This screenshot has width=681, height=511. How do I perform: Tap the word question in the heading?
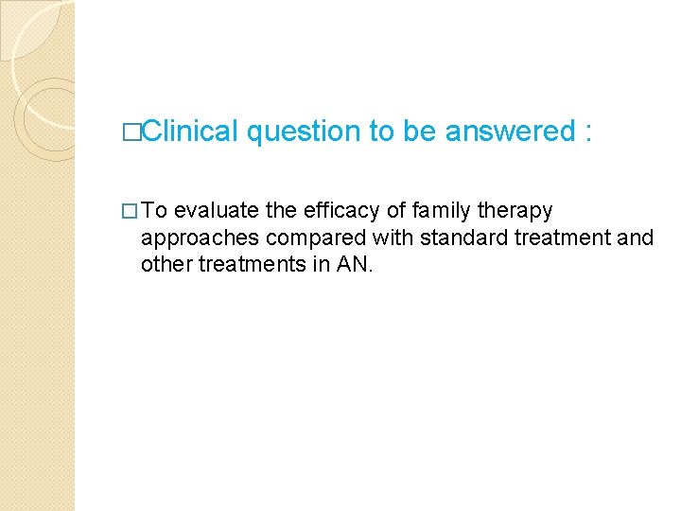304,132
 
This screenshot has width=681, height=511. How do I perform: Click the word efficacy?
343,209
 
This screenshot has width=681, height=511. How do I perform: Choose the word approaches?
193,238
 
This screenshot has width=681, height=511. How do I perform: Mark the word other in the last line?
166,264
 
